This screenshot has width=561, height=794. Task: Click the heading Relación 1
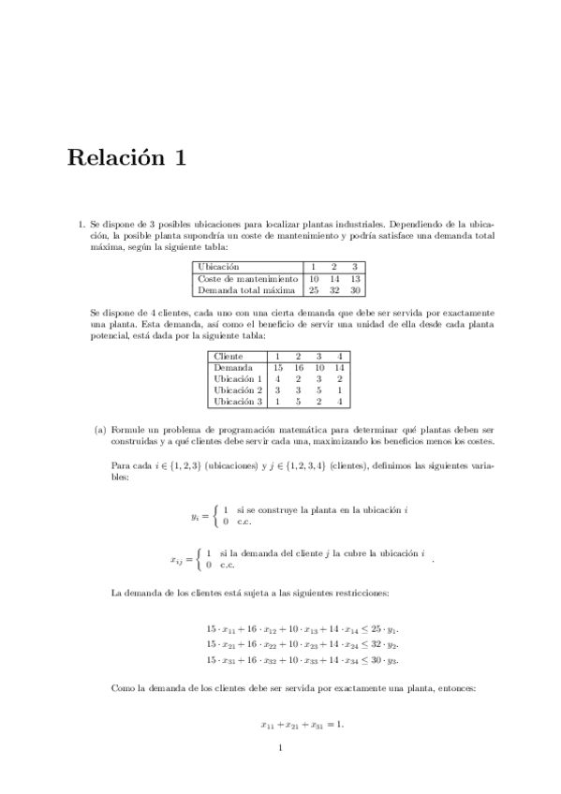[126, 158]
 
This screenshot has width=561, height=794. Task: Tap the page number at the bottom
[280, 747]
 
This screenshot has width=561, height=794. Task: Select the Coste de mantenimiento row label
[248, 278]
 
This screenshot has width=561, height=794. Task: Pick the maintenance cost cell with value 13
[355, 278]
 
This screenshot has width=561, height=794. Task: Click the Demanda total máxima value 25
[315, 289]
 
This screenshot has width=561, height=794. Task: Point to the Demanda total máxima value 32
[335, 289]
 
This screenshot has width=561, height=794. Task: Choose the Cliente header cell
[229, 357]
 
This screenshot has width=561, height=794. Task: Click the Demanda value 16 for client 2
[298, 368]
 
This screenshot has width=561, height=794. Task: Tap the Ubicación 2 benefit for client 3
[318, 390]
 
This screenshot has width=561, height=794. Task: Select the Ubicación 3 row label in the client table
[238, 402]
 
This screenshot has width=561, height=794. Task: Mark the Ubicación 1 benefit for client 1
[277, 379]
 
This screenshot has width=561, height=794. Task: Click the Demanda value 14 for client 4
[339, 368]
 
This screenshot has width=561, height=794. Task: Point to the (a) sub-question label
[100, 430]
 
